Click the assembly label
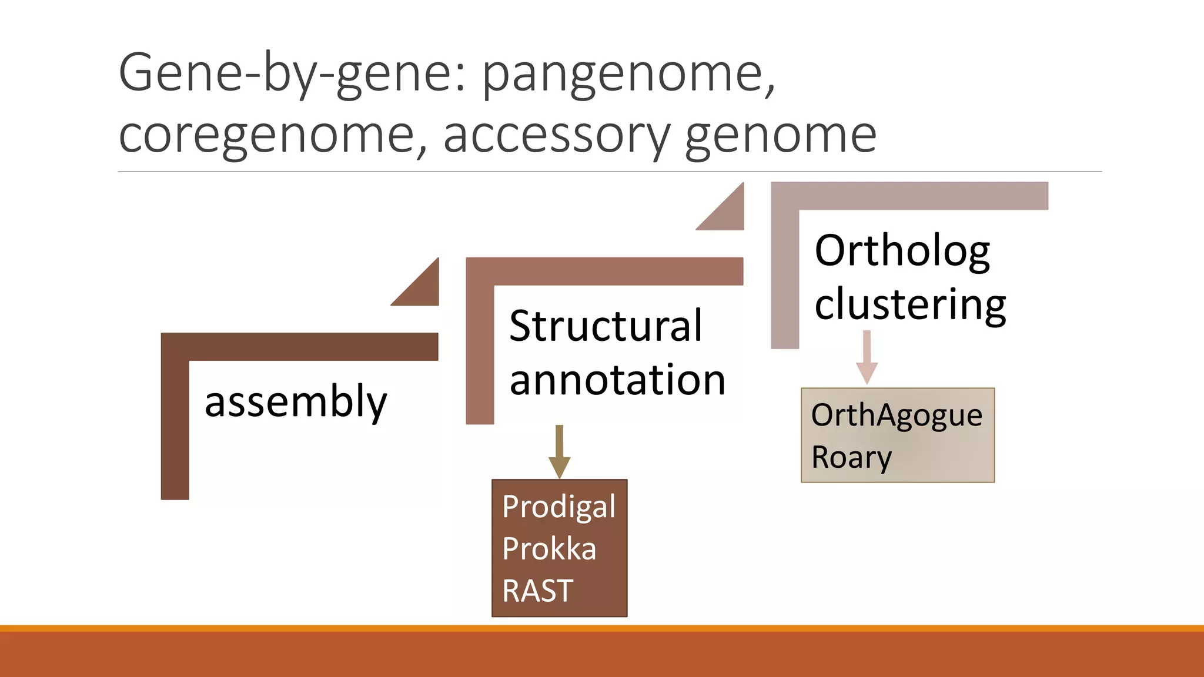(x=296, y=402)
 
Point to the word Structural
(x=606, y=326)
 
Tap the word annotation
(x=617, y=380)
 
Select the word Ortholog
(x=902, y=252)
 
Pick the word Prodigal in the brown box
(x=558, y=507)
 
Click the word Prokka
(x=549, y=549)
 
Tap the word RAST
(x=537, y=591)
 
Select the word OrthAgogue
(x=897, y=415)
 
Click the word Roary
(x=851, y=457)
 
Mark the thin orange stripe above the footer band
(x=602, y=628)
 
